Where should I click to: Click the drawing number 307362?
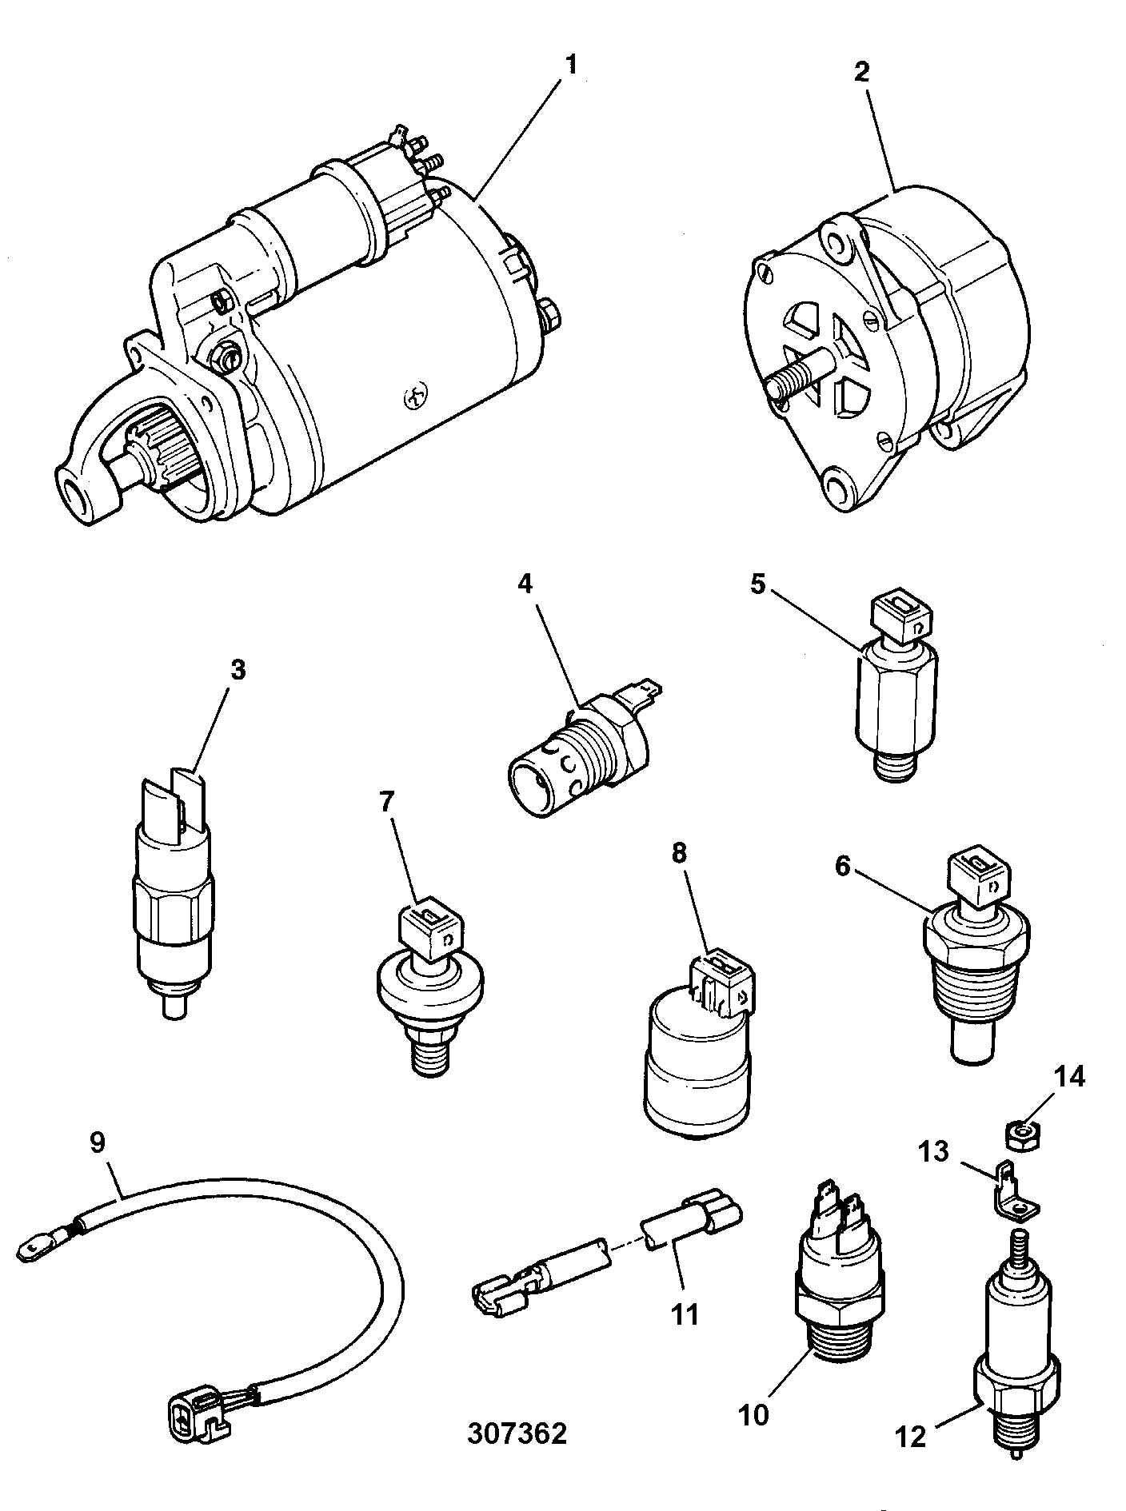(517, 1433)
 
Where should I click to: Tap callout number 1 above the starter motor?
(570, 66)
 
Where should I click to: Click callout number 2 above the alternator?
(861, 71)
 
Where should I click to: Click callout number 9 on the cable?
(97, 1142)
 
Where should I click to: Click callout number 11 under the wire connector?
(685, 1314)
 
